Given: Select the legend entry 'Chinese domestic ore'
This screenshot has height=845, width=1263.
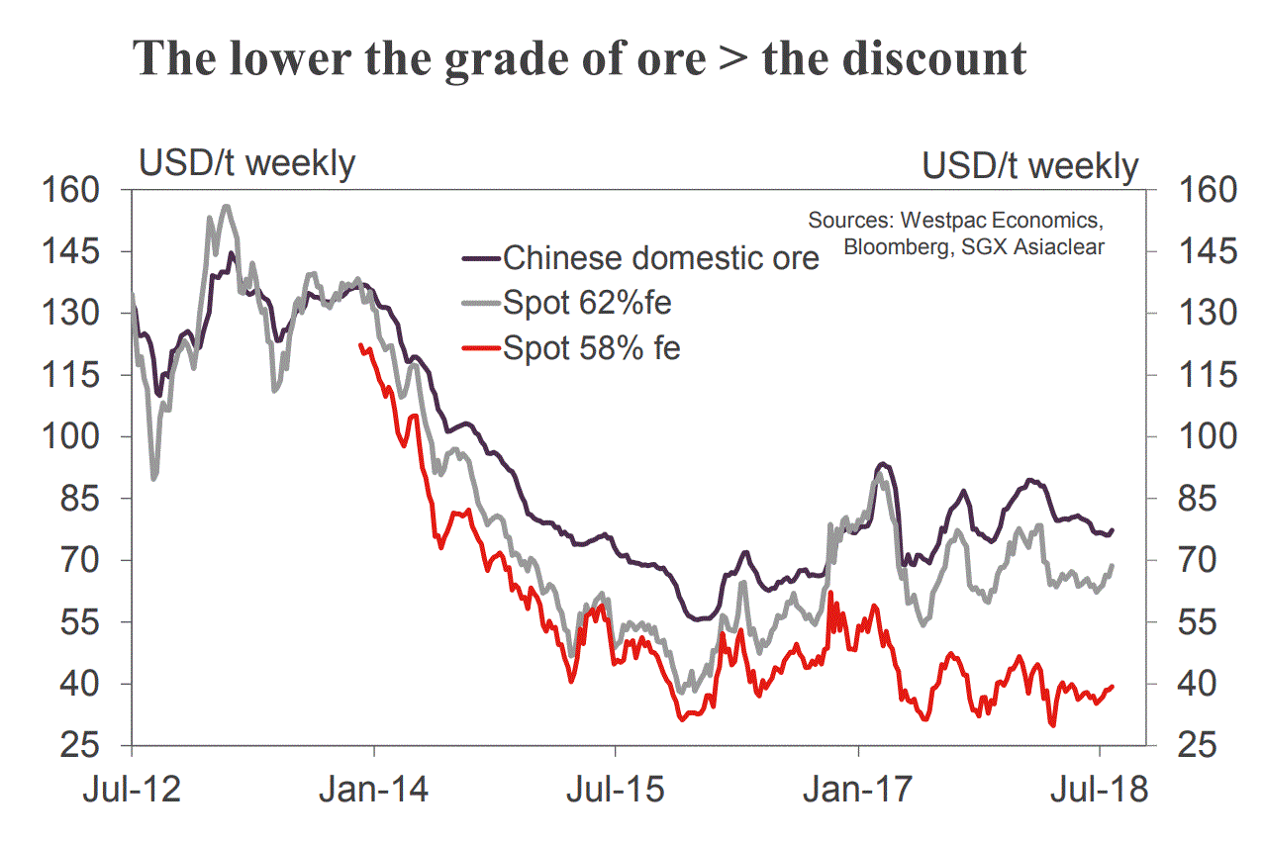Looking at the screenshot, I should tap(661, 258).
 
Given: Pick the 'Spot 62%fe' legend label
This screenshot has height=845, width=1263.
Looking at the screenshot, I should tap(587, 303).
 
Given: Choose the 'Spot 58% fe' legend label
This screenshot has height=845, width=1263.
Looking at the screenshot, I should tap(592, 348).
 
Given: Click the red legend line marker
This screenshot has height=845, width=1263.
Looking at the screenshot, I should tap(480, 348).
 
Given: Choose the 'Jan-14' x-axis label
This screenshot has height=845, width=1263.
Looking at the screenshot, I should tap(374, 791).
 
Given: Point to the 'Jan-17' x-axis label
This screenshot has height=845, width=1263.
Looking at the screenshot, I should tap(858, 791).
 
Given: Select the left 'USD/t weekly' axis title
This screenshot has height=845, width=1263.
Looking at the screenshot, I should tap(246, 163).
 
